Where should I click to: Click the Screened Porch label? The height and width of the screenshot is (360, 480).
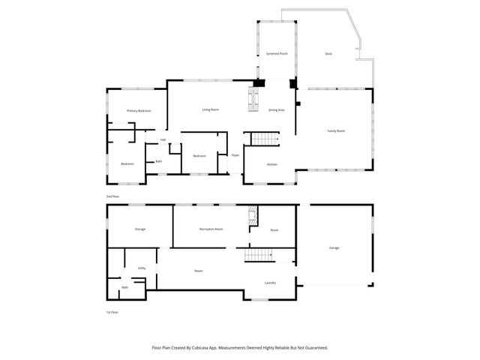pos(277,54)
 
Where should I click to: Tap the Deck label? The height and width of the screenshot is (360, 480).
pos(328,54)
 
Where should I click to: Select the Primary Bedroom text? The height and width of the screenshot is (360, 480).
pos(139,111)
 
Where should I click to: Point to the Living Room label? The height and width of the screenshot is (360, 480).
pos(210,110)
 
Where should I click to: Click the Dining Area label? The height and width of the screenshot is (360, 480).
pos(276,110)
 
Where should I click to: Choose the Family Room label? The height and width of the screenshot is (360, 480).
pos(335,131)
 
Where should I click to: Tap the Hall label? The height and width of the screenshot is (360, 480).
pos(163,139)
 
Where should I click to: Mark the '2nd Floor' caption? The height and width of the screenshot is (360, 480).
pos(112,196)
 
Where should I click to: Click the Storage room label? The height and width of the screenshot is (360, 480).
pos(139,229)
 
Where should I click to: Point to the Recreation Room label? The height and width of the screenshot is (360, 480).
pos(211,229)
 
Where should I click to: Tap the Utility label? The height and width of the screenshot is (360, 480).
pos(141,268)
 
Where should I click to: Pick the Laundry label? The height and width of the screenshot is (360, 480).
pos(270,283)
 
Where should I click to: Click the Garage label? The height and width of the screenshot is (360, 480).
pos(334,247)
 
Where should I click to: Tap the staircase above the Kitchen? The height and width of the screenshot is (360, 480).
pos(263,139)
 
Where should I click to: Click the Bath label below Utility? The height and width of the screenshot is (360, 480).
pos(124,287)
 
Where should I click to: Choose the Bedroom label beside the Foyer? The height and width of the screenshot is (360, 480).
pos(199,156)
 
